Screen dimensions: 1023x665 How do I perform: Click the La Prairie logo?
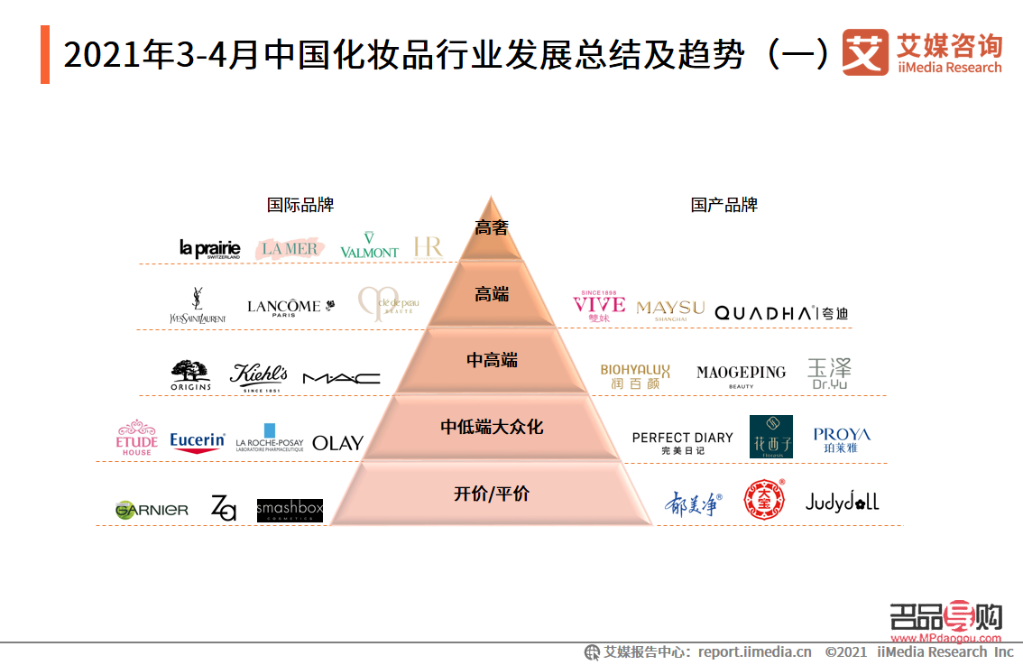210,248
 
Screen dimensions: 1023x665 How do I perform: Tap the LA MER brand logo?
290,248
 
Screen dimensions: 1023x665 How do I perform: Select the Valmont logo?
369,245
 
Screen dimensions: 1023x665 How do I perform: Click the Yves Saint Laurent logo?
198,306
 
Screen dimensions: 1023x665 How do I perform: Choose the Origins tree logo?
190,375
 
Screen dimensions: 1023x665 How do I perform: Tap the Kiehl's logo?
259,376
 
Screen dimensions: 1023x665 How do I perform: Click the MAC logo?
341,378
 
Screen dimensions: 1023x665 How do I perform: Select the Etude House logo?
136,438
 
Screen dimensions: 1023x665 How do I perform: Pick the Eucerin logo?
198,441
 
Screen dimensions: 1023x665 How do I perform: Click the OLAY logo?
337,443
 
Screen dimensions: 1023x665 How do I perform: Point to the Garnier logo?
152,510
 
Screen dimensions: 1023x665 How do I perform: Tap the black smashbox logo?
290,510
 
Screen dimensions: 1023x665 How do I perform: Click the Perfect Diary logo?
682,441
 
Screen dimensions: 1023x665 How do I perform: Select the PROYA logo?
841,439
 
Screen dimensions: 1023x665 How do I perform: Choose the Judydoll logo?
842,502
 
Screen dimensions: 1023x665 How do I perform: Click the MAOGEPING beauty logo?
741,375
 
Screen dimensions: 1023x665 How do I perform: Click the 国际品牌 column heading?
300,205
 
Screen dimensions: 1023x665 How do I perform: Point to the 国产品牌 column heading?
724,205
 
